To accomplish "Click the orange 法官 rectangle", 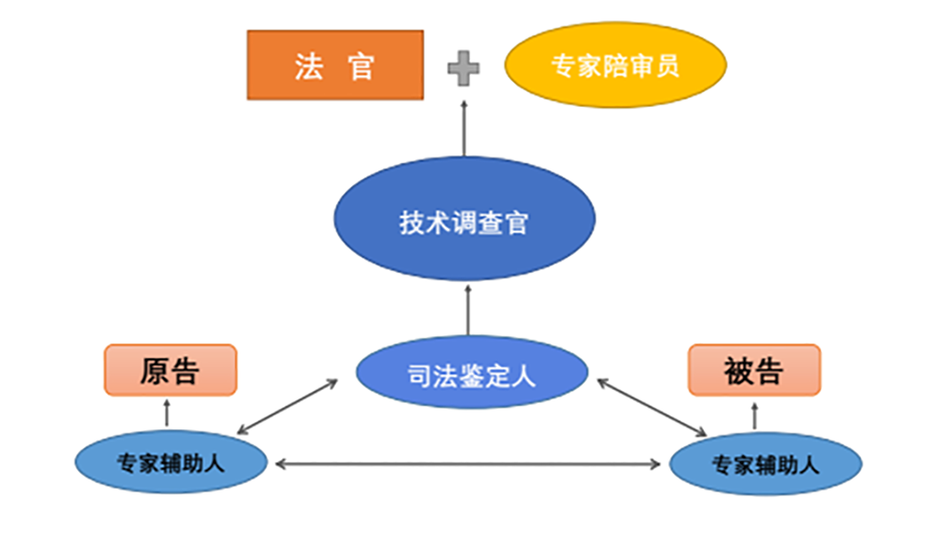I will pyautogui.click(x=335, y=65).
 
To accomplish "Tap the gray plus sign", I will pyautogui.click(x=463, y=68).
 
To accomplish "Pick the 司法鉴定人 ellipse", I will pyautogui.click(x=472, y=375).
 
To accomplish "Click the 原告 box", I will pyautogui.click(x=170, y=370).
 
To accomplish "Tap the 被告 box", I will pyautogui.click(x=754, y=370).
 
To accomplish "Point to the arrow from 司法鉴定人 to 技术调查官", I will pyautogui.click(x=467, y=309).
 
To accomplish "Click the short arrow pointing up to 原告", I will pyautogui.click(x=167, y=412).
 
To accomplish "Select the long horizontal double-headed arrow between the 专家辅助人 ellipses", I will pyautogui.click(x=468, y=463).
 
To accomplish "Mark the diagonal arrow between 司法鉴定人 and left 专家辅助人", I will pyautogui.click(x=287, y=407).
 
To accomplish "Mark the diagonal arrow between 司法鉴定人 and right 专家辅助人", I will pyautogui.click(x=652, y=407).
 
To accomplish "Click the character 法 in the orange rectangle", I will pyautogui.click(x=308, y=66).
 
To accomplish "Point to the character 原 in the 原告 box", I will pyautogui.click(x=154, y=371).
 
